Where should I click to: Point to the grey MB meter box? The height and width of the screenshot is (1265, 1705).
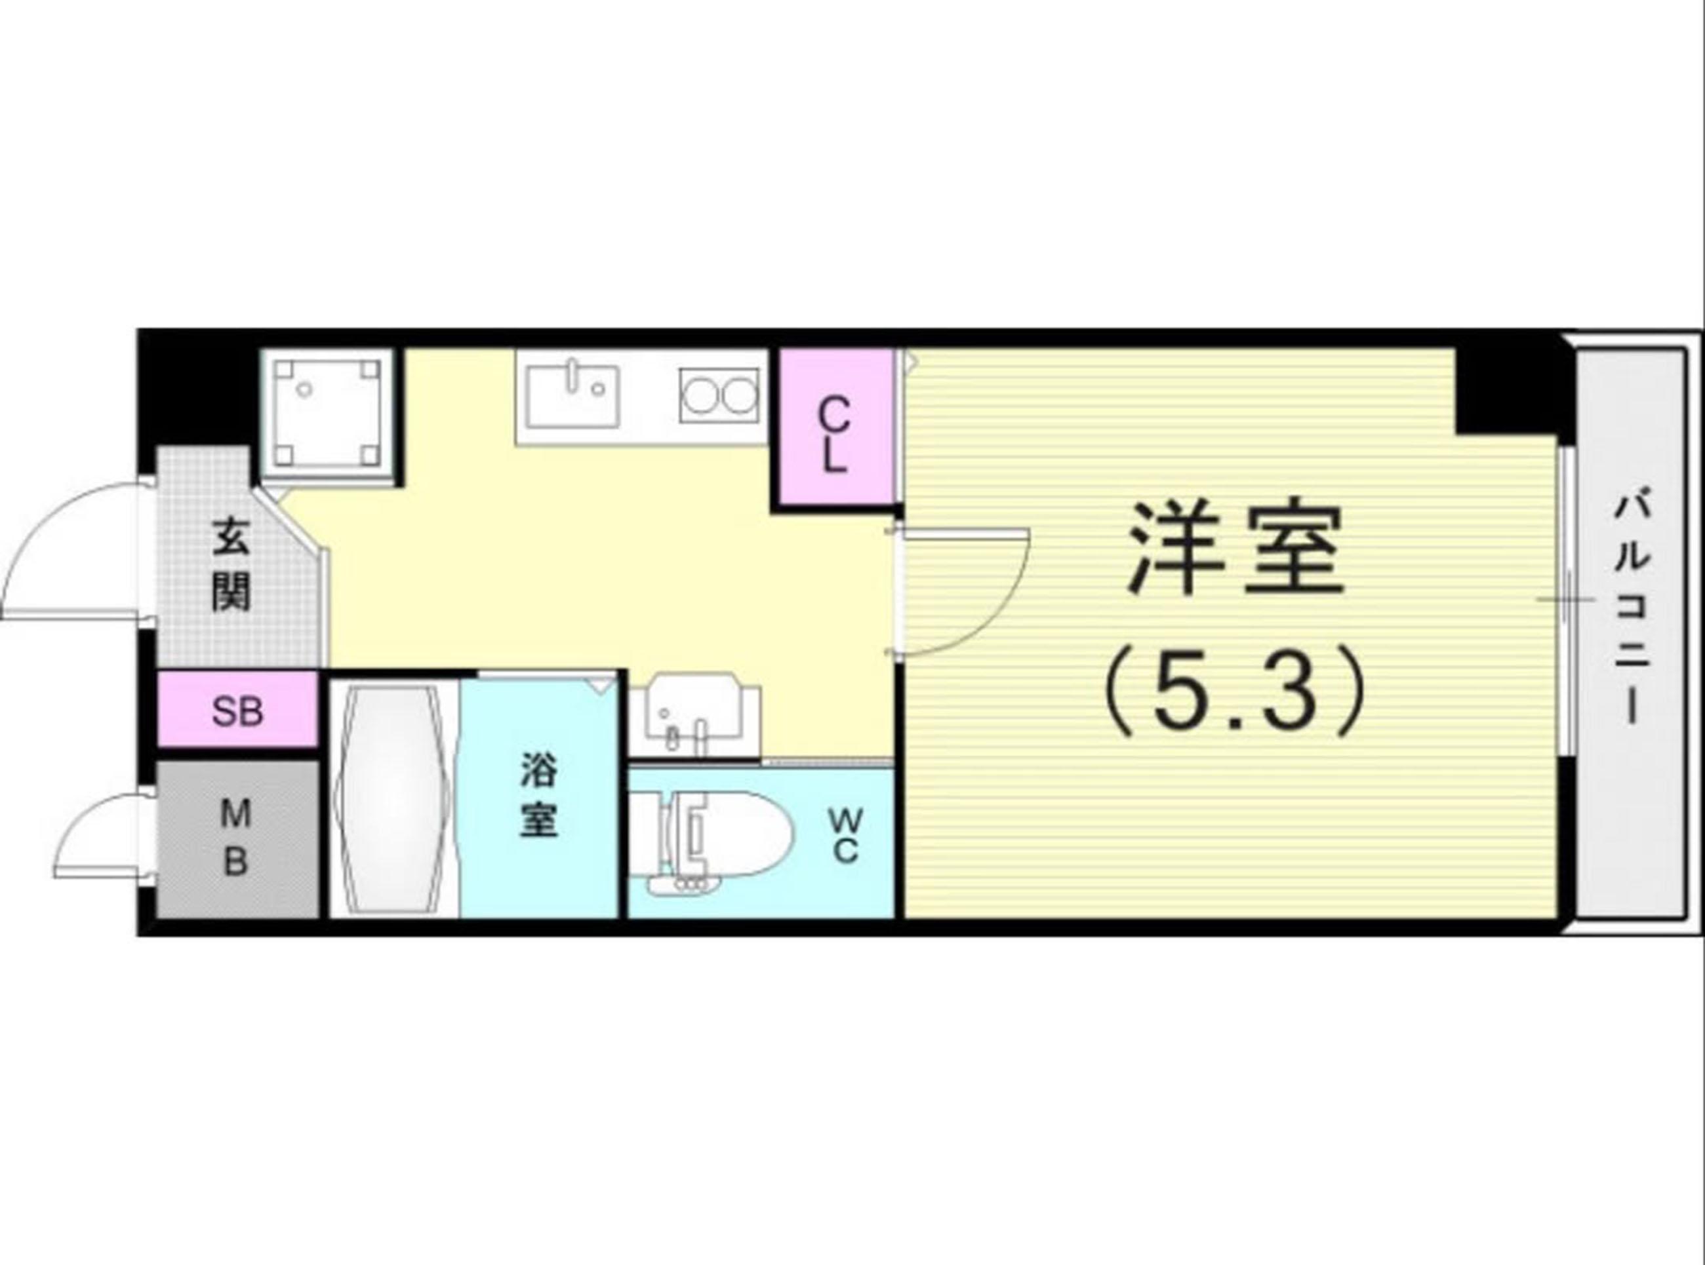[x=237, y=838]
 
